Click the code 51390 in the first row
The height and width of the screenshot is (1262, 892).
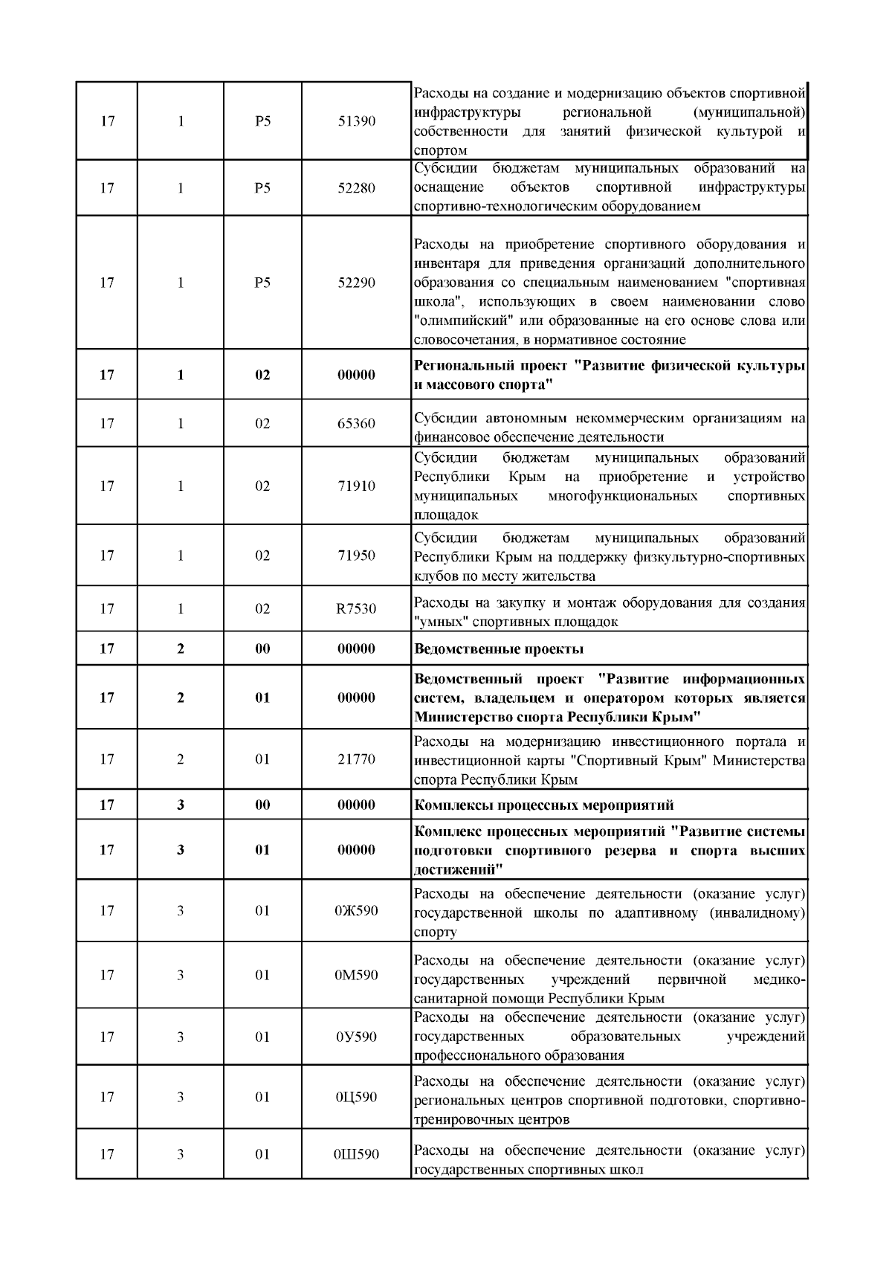(356, 121)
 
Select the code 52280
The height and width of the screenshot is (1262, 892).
(356, 187)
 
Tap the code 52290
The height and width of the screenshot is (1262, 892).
(356, 283)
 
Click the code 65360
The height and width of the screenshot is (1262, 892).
(356, 423)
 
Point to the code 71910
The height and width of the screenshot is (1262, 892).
(356, 486)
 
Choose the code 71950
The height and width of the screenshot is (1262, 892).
(356, 556)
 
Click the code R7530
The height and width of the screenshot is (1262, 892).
(356, 608)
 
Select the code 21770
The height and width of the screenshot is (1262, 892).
(356, 759)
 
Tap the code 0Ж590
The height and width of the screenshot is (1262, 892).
(356, 910)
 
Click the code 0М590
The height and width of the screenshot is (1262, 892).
(356, 975)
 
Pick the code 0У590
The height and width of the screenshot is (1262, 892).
(356, 1037)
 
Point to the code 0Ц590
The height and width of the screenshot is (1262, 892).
(356, 1097)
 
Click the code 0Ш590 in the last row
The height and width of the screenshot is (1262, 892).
(356, 1154)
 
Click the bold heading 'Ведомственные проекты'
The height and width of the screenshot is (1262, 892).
(498, 648)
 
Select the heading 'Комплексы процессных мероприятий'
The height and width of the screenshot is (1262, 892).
(543, 805)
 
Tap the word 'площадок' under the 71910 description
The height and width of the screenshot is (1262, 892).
(445, 515)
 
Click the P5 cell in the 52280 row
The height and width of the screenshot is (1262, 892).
(262, 187)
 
